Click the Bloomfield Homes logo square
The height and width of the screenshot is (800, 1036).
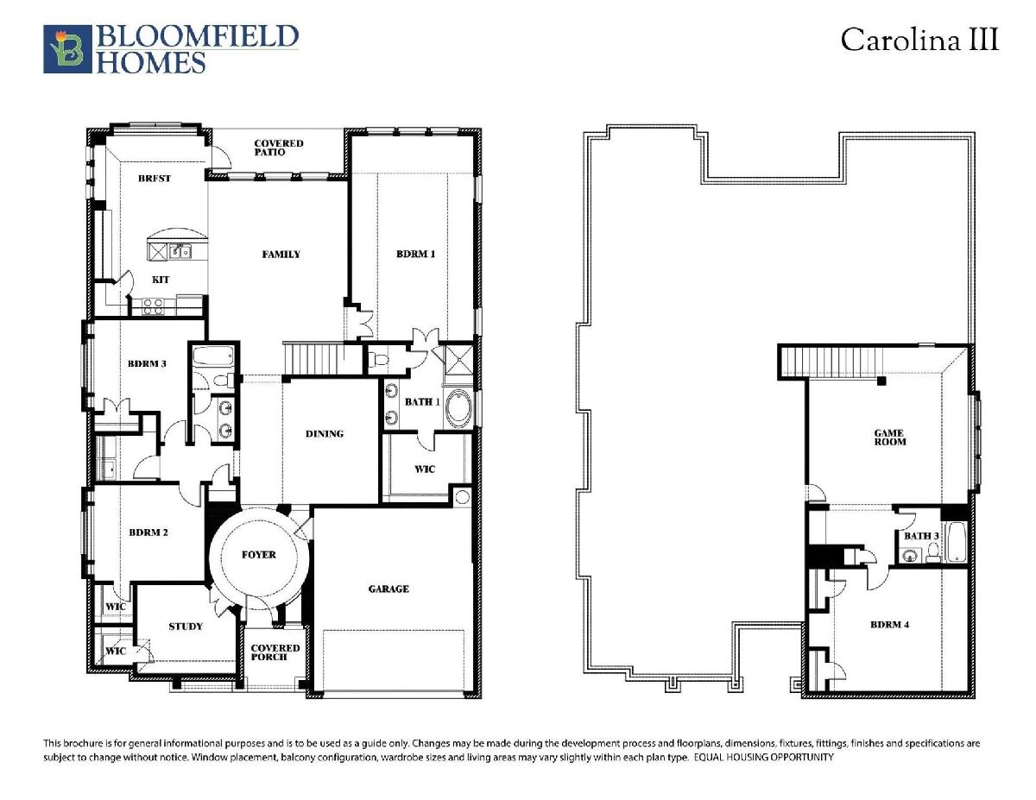pos(67,49)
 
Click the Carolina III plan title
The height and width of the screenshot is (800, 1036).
pos(919,39)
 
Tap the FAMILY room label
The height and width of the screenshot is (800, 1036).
pos(281,255)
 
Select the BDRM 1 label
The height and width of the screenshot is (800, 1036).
pos(416,254)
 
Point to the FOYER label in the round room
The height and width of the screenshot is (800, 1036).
pos(258,555)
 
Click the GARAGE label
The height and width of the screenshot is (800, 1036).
pos(388,589)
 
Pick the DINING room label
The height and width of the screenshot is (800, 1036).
pos(325,433)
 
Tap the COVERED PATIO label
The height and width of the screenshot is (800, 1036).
pos(279,148)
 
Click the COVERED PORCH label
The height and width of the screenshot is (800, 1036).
pos(275,652)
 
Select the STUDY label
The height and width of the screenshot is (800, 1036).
pos(186,627)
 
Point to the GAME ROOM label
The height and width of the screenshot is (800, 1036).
pos(889,438)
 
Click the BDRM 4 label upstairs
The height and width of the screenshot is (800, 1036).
pos(889,625)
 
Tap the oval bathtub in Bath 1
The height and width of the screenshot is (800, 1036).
pos(458,409)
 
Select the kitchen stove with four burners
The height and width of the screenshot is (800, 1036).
pos(153,306)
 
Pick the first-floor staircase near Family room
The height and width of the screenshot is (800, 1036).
pos(323,359)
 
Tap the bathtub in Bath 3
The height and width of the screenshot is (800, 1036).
pos(956,542)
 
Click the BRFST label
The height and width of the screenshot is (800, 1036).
pos(155,179)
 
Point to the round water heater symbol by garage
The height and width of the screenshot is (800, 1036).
pos(462,497)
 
